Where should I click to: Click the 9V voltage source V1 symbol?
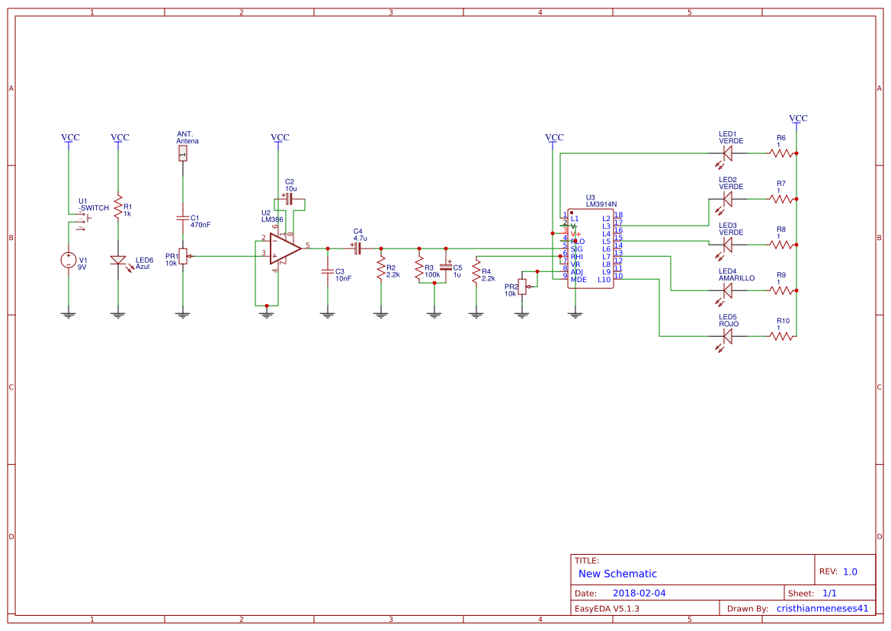[x=69, y=260]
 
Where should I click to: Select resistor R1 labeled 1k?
[x=117, y=207]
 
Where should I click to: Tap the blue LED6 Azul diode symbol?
[x=117, y=261]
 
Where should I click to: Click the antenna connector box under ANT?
[x=182, y=154]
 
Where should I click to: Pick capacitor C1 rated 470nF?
[x=182, y=218]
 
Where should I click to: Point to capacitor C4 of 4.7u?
[x=357, y=248]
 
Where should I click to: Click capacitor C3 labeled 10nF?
[x=328, y=271]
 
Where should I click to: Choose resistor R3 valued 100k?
[x=418, y=268]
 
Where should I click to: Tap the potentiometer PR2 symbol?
[x=522, y=288]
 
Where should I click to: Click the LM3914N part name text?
[x=601, y=204]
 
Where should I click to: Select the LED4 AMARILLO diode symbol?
[x=727, y=290]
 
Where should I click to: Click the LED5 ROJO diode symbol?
[x=727, y=335]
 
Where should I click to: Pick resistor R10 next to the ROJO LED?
[x=781, y=335]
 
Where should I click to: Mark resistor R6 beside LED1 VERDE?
[x=781, y=153]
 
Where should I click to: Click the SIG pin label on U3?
[x=576, y=248]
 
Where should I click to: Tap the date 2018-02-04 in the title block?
[x=639, y=593]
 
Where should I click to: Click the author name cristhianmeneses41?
[x=822, y=608]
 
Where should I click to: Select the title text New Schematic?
[x=617, y=574]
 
